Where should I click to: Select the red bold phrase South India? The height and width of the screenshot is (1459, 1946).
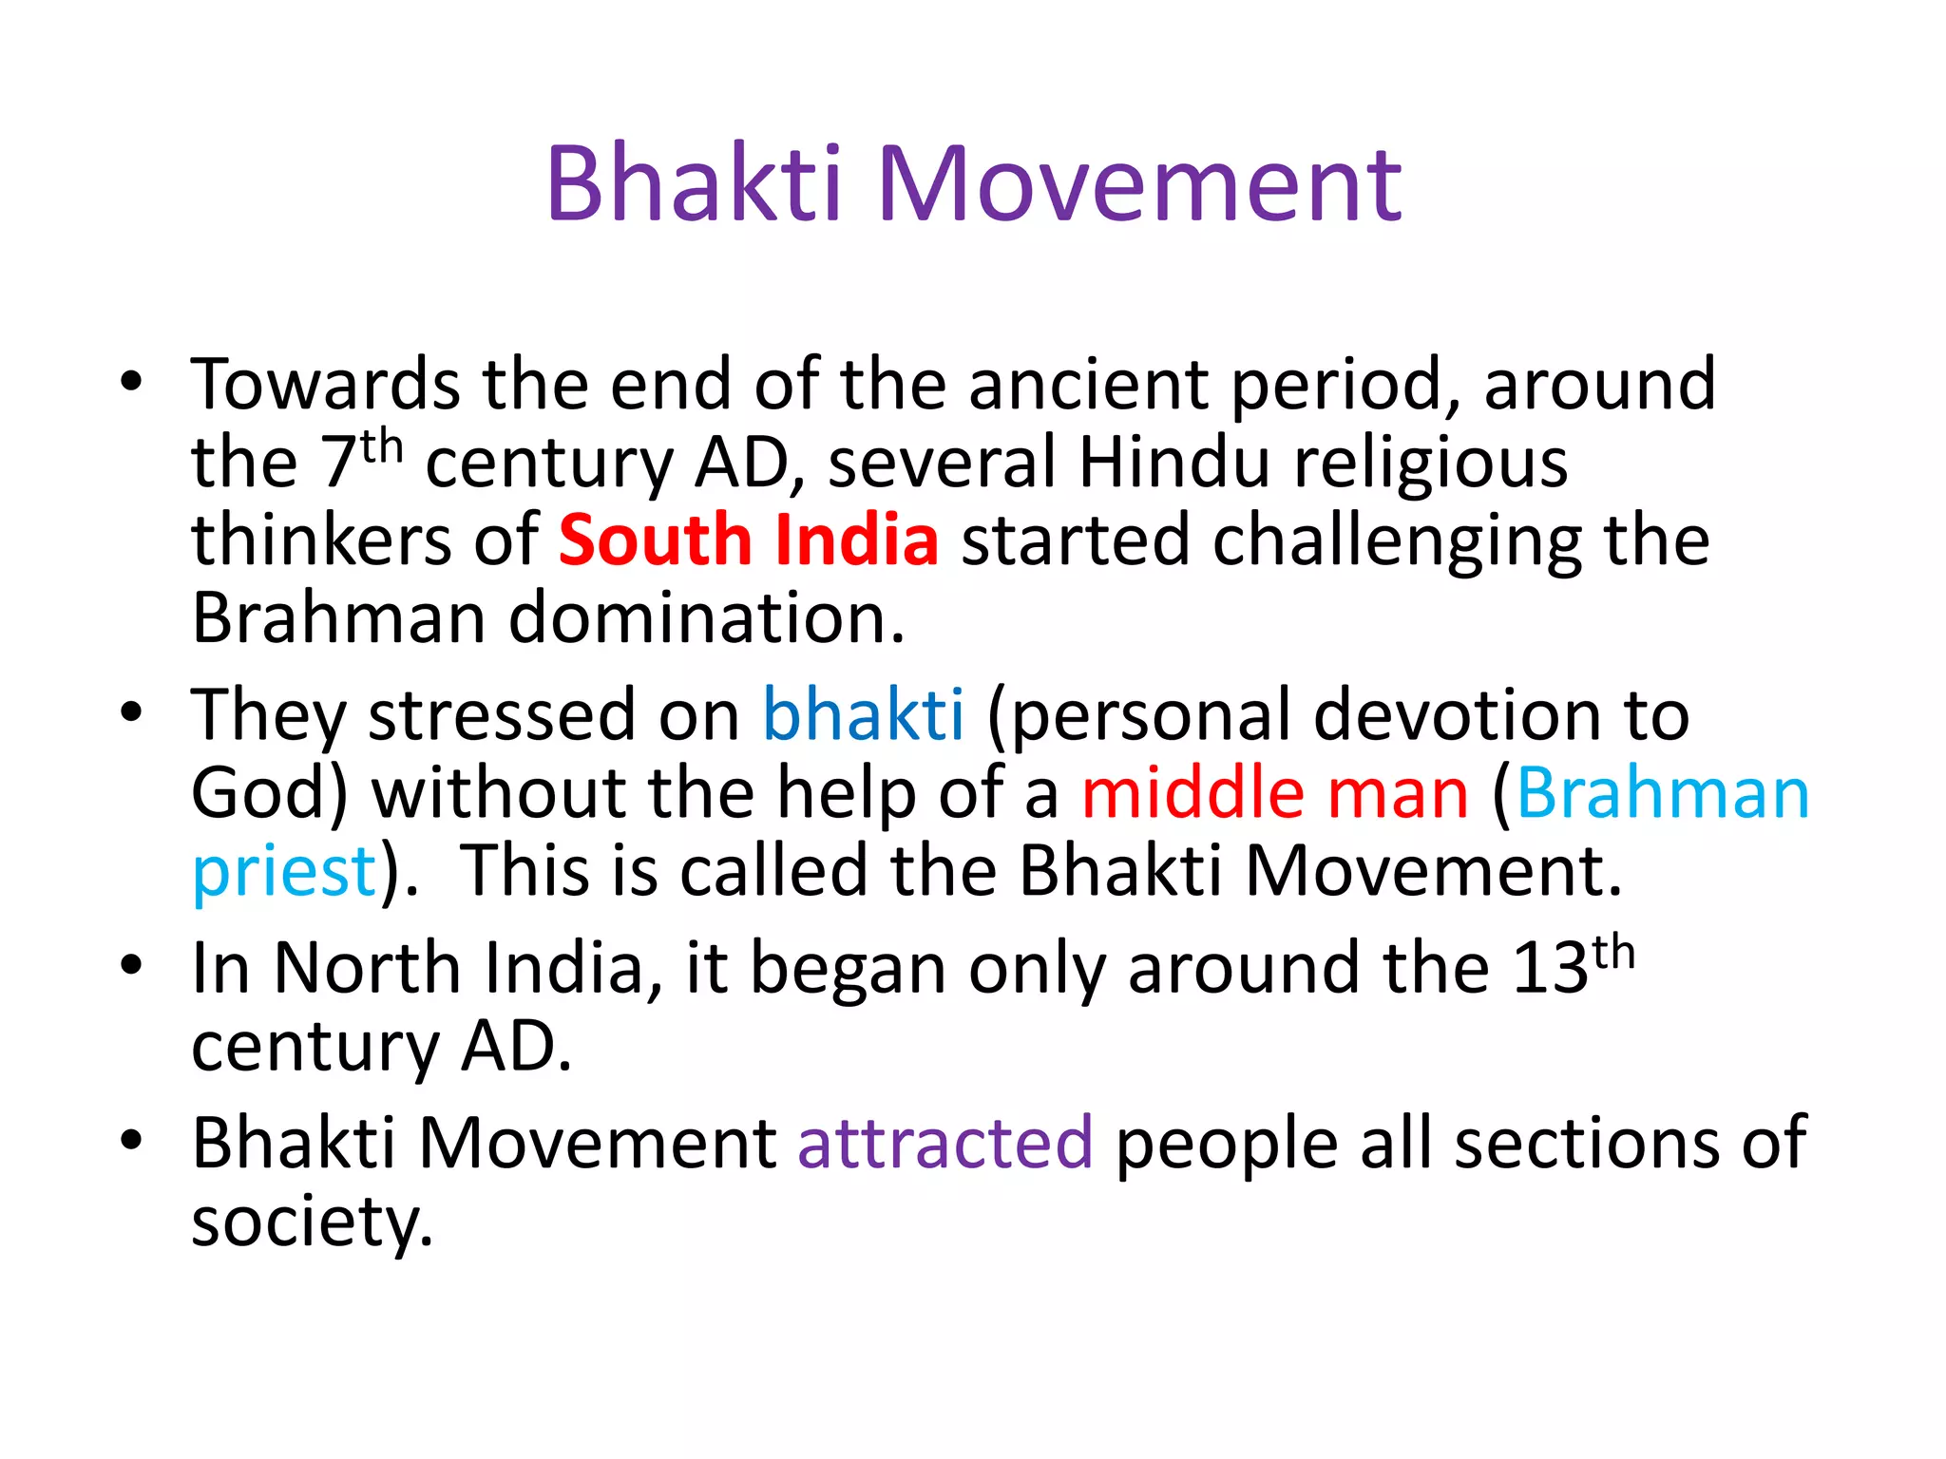748,540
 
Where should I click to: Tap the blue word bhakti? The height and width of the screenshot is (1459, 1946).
863,714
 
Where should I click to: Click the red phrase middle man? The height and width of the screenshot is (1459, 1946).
1274,793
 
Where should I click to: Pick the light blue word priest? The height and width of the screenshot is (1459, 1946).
284,872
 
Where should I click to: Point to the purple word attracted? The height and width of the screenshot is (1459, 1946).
944,1142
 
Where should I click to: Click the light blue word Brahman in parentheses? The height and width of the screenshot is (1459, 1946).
1663,793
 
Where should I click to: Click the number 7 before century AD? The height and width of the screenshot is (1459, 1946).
339,464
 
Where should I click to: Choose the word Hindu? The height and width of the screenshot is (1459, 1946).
1173,464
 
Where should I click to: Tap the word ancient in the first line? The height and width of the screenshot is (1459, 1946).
1087,385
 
